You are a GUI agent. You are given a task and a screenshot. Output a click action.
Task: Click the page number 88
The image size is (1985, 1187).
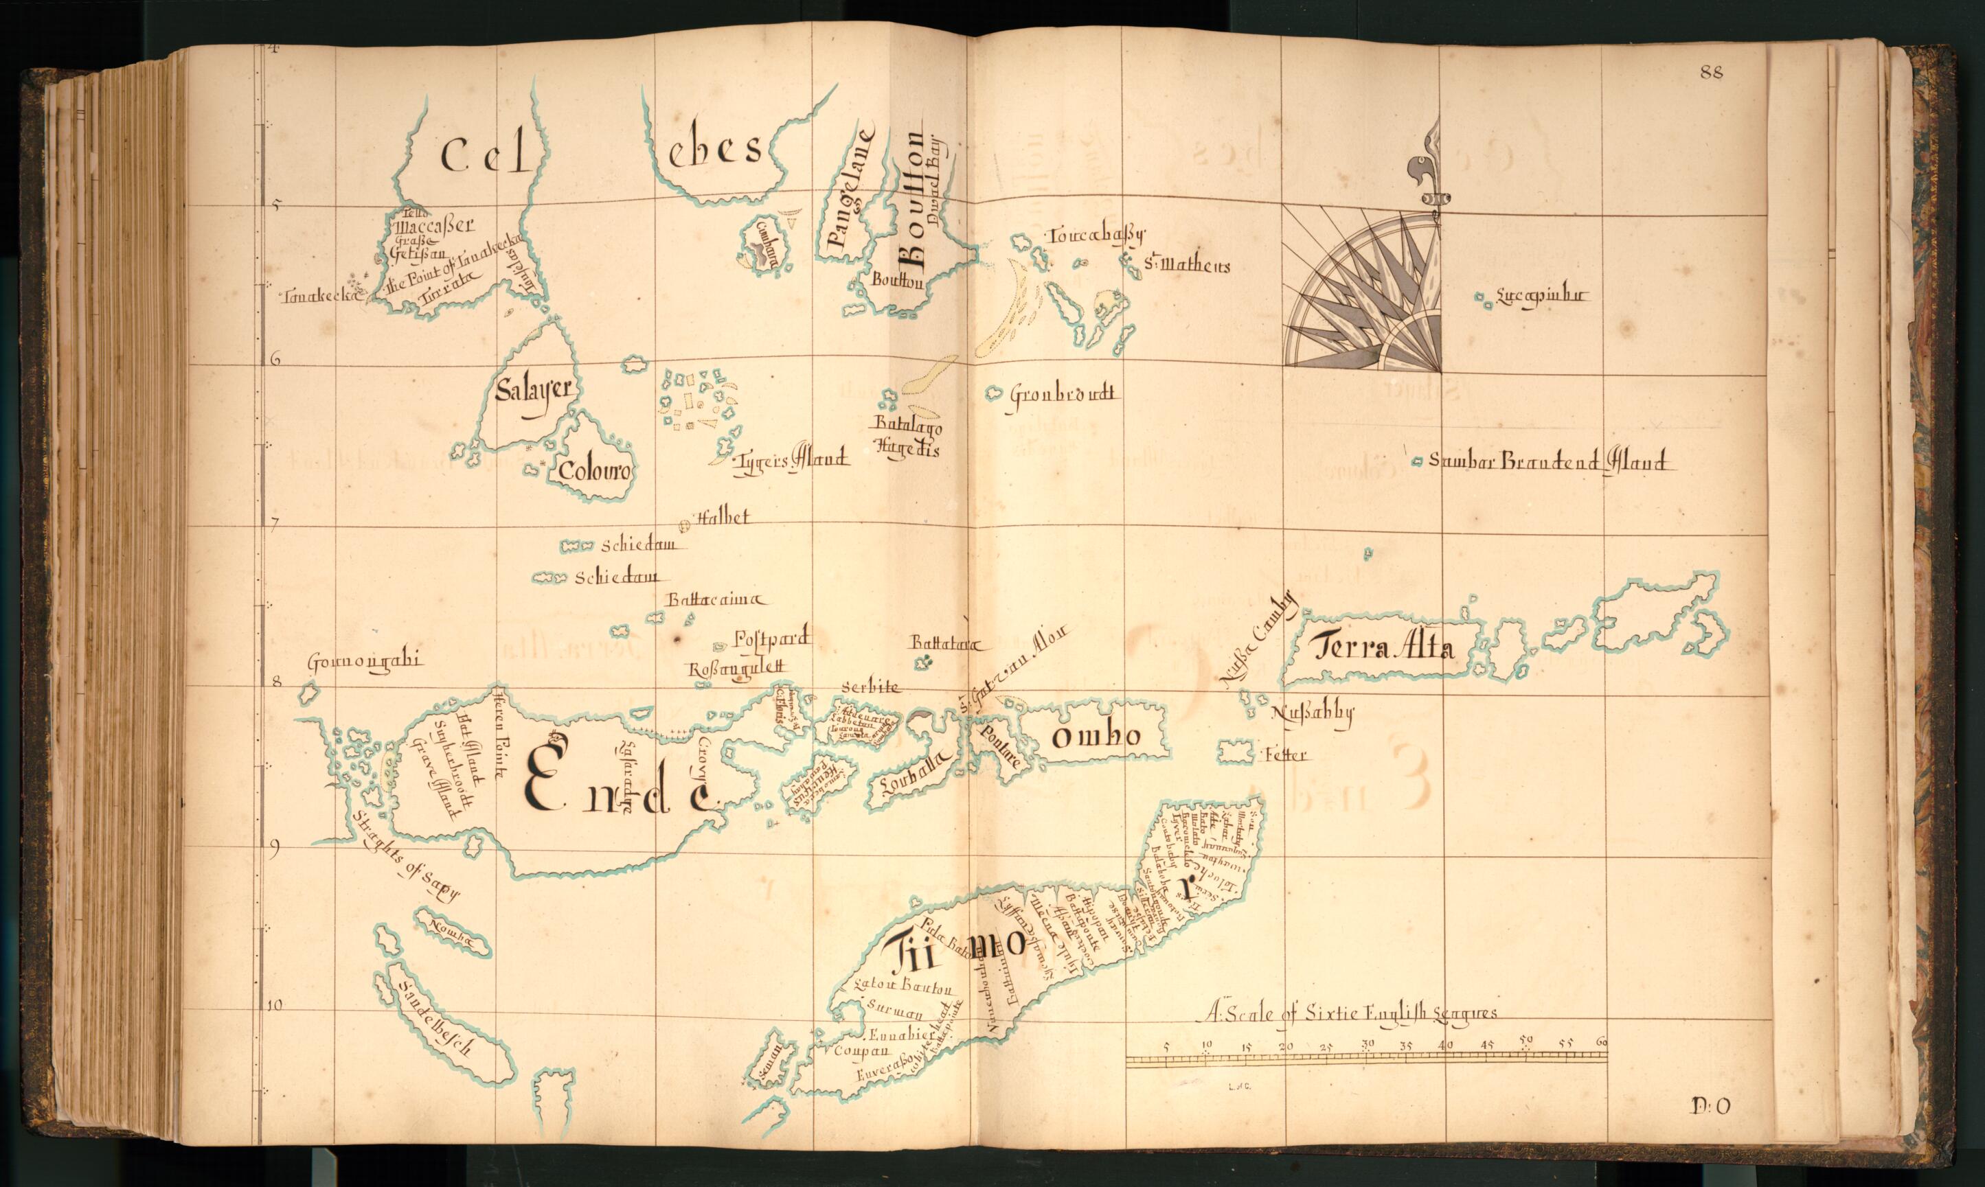(x=1712, y=73)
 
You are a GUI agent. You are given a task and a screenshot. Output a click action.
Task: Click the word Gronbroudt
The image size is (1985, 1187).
(x=1061, y=394)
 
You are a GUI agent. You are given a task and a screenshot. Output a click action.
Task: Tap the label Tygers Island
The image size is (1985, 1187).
(x=790, y=460)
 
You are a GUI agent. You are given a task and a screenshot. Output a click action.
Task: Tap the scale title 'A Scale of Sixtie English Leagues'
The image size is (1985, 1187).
(x=1350, y=1013)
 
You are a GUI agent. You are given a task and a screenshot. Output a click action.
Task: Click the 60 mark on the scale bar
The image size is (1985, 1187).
(x=1601, y=1043)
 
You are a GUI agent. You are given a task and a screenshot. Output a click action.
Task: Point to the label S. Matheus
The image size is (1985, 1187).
(x=1186, y=266)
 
